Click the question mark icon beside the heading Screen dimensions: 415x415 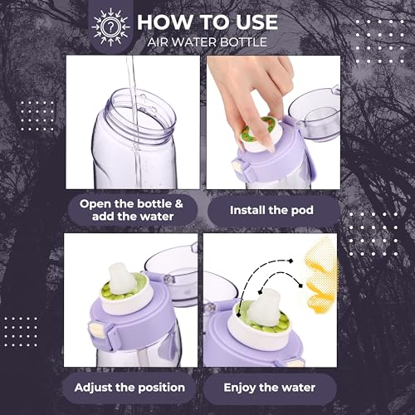[110, 27]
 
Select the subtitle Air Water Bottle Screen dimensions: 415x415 [207, 42]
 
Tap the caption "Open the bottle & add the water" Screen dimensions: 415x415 [131, 210]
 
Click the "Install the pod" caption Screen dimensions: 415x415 [271, 210]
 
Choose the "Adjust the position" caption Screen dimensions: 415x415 [129, 388]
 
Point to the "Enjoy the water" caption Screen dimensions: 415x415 [270, 388]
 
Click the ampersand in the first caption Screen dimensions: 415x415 [179, 204]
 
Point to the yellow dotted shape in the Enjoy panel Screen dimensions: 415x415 [321, 276]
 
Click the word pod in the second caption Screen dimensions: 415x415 [302, 210]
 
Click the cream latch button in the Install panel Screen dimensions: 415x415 [239, 168]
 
